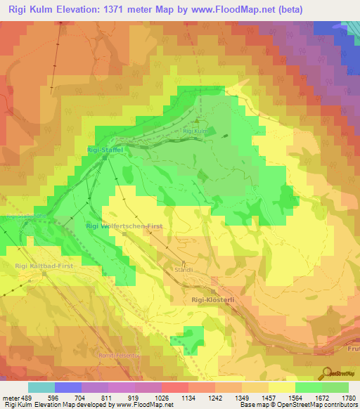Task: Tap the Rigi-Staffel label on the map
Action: coord(105,150)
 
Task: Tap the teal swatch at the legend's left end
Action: coord(41,387)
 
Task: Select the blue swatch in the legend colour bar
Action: coord(68,387)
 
